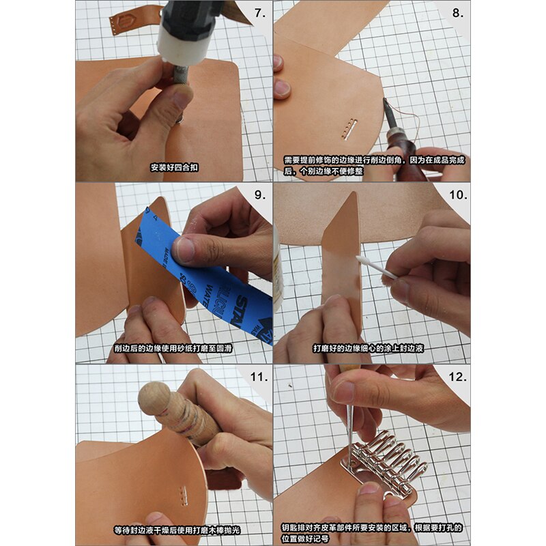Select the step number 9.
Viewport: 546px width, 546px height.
click(x=260, y=195)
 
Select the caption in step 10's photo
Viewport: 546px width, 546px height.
click(x=371, y=348)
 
